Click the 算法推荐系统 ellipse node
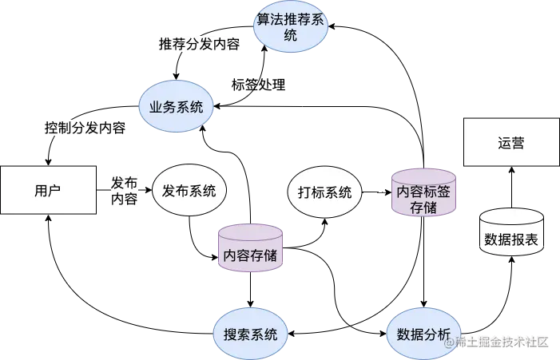(x=290, y=27)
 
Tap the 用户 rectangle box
(x=47, y=191)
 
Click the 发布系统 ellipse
(x=189, y=192)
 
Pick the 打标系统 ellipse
(x=325, y=192)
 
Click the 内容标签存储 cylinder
(x=423, y=195)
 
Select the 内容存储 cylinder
(x=250, y=249)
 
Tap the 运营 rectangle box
(x=510, y=143)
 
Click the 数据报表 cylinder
(x=511, y=233)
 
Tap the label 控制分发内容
(x=85, y=127)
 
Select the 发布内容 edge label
(x=124, y=191)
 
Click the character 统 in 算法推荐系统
(x=290, y=36)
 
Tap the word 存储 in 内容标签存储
(x=423, y=207)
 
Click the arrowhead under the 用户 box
(x=47, y=216)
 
